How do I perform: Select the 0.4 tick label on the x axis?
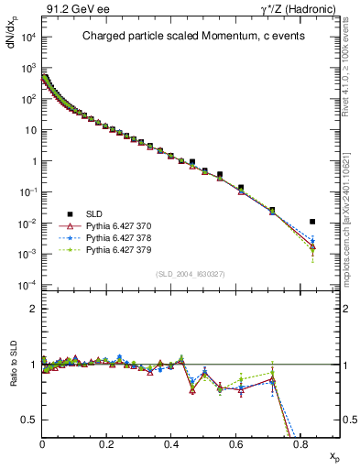pos(171,443)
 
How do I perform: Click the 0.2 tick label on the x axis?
pos(107,443)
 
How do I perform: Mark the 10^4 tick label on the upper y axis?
pos(27,38)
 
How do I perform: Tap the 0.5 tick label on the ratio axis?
pos(30,420)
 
